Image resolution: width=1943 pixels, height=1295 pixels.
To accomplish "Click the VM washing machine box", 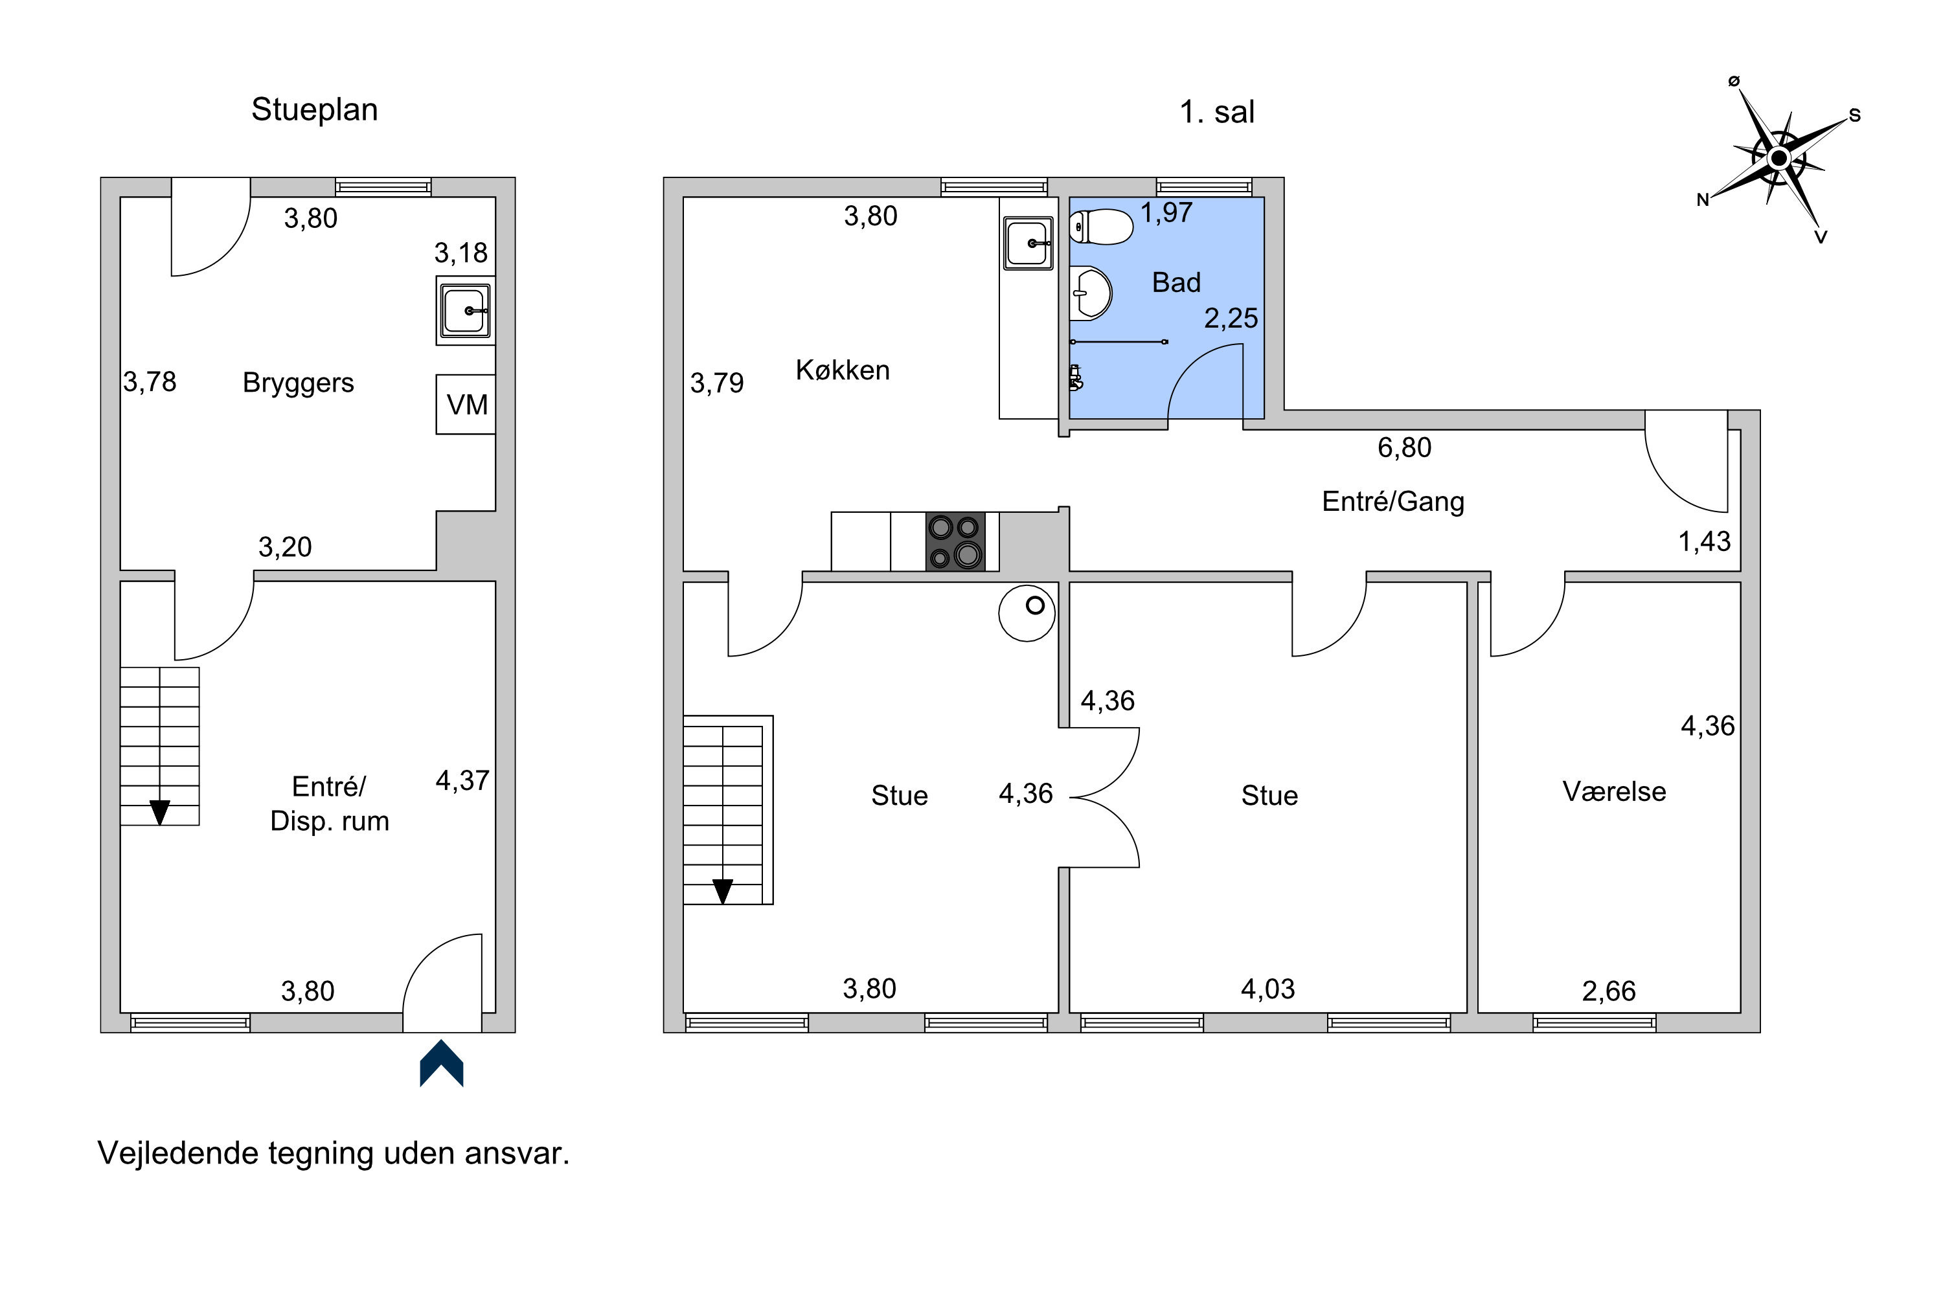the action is coord(466,405).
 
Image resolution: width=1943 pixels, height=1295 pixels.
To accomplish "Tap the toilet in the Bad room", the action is coord(1101,227).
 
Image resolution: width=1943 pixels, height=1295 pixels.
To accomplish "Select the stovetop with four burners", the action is coord(956,542).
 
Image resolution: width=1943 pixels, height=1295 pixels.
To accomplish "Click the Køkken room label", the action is coord(843,370).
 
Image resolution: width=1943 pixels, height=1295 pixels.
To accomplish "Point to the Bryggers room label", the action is coord(298,383).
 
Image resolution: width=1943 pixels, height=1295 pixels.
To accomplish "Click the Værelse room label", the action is coord(1614,791).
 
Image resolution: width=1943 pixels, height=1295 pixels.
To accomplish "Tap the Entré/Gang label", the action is coord(1393,501).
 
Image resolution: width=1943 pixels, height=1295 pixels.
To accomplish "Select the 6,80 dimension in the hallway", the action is coord(1404,447).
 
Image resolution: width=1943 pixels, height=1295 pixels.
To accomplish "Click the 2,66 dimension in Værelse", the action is coord(1608,991).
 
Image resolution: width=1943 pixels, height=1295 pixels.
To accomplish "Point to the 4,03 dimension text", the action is coord(1268,989).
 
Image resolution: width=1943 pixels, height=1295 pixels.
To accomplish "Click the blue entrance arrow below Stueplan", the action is coord(442,1063).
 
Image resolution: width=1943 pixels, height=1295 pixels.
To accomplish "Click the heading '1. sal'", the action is coord(1217,112).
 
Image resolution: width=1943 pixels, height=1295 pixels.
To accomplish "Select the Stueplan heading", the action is coord(315,110).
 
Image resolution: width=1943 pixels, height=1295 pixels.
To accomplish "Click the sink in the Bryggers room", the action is coord(466,311).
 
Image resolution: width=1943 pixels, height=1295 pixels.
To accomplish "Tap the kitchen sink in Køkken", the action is coord(1028,243).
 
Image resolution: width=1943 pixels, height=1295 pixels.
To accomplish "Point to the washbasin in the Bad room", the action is coord(1091,293).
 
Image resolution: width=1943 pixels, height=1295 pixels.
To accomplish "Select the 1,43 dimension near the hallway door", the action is coord(1704,542).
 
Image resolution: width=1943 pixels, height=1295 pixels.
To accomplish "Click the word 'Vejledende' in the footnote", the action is coord(177,1154).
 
